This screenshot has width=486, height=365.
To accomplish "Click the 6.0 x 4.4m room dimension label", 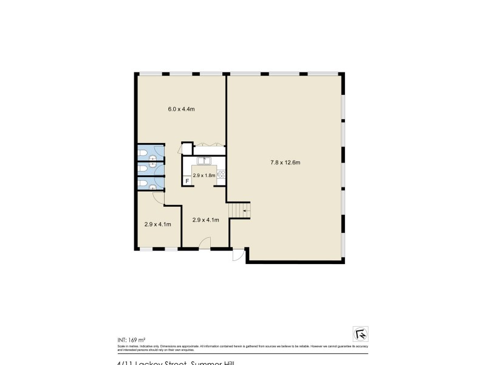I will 181,109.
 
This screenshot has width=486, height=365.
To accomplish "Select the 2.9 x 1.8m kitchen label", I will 203,175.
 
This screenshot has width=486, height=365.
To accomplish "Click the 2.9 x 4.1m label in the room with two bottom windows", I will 157,224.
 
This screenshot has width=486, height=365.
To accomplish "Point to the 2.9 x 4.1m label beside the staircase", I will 205,220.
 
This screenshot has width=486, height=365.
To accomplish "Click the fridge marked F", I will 187,181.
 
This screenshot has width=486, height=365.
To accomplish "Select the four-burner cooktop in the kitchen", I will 221,175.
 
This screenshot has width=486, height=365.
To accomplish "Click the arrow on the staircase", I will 244,211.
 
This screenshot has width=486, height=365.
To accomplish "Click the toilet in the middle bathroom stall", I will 142,165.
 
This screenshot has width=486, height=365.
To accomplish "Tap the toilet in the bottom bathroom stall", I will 142,183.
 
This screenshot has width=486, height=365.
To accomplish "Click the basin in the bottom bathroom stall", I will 152,187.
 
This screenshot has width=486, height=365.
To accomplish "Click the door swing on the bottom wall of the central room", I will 205,244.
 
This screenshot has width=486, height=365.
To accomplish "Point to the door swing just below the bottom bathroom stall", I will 157,198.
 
